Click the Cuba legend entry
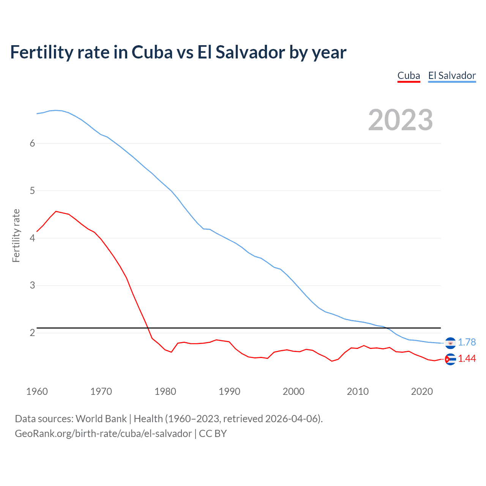tap(409, 76)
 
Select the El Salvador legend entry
tap(452, 76)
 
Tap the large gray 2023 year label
tap(401, 120)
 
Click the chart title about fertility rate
tap(178, 52)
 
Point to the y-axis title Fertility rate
tap(16, 235)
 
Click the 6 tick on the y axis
tap(32, 143)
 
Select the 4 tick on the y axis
tap(32, 238)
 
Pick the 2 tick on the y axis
tap(32, 333)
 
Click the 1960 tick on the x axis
tap(37, 391)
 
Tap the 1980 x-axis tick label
tap(165, 391)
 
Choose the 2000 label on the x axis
tap(293, 391)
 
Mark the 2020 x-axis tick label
tap(422, 391)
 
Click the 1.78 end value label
tap(467, 342)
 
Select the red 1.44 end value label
tap(467, 359)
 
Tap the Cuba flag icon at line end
tap(450, 359)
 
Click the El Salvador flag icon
tap(450, 343)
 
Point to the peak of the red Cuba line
tap(56, 211)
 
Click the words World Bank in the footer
tap(101, 419)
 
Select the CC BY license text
tap(213, 434)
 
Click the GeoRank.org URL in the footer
tap(103, 434)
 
